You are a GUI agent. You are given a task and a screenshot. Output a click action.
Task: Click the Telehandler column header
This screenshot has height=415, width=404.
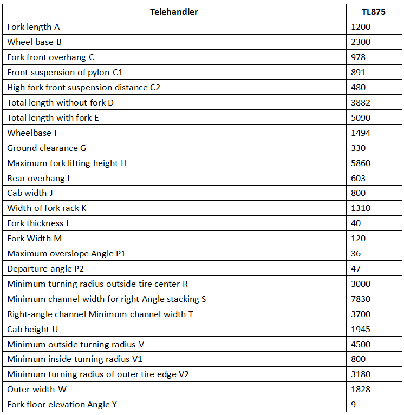(174, 12)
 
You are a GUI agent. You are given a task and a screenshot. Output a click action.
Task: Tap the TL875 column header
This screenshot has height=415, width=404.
(373, 12)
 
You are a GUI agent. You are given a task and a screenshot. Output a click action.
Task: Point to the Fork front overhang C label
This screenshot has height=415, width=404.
(50, 57)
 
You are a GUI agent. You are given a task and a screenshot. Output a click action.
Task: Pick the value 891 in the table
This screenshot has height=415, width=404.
(358, 73)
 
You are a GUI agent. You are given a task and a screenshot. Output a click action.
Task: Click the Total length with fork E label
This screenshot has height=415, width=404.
(53, 118)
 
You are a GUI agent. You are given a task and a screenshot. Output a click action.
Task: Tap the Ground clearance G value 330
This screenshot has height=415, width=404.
(358, 148)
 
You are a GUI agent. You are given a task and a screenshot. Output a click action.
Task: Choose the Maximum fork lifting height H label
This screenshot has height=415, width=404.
(67, 163)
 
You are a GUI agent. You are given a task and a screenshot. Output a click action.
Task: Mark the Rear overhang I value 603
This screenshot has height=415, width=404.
(358, 179)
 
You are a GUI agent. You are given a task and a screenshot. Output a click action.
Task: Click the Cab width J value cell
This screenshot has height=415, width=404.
(358, 193)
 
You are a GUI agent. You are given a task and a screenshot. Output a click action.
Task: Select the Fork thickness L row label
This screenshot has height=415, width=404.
(38, 223)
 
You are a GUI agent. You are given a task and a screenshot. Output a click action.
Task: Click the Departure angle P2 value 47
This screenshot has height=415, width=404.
(356, 269)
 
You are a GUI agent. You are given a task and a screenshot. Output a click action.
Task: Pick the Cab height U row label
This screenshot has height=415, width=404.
(32, 330)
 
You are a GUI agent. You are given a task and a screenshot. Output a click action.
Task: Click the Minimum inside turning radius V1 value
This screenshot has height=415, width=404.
(358, 359)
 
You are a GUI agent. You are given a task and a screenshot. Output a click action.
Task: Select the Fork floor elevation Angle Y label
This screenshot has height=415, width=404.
(62, 405)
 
